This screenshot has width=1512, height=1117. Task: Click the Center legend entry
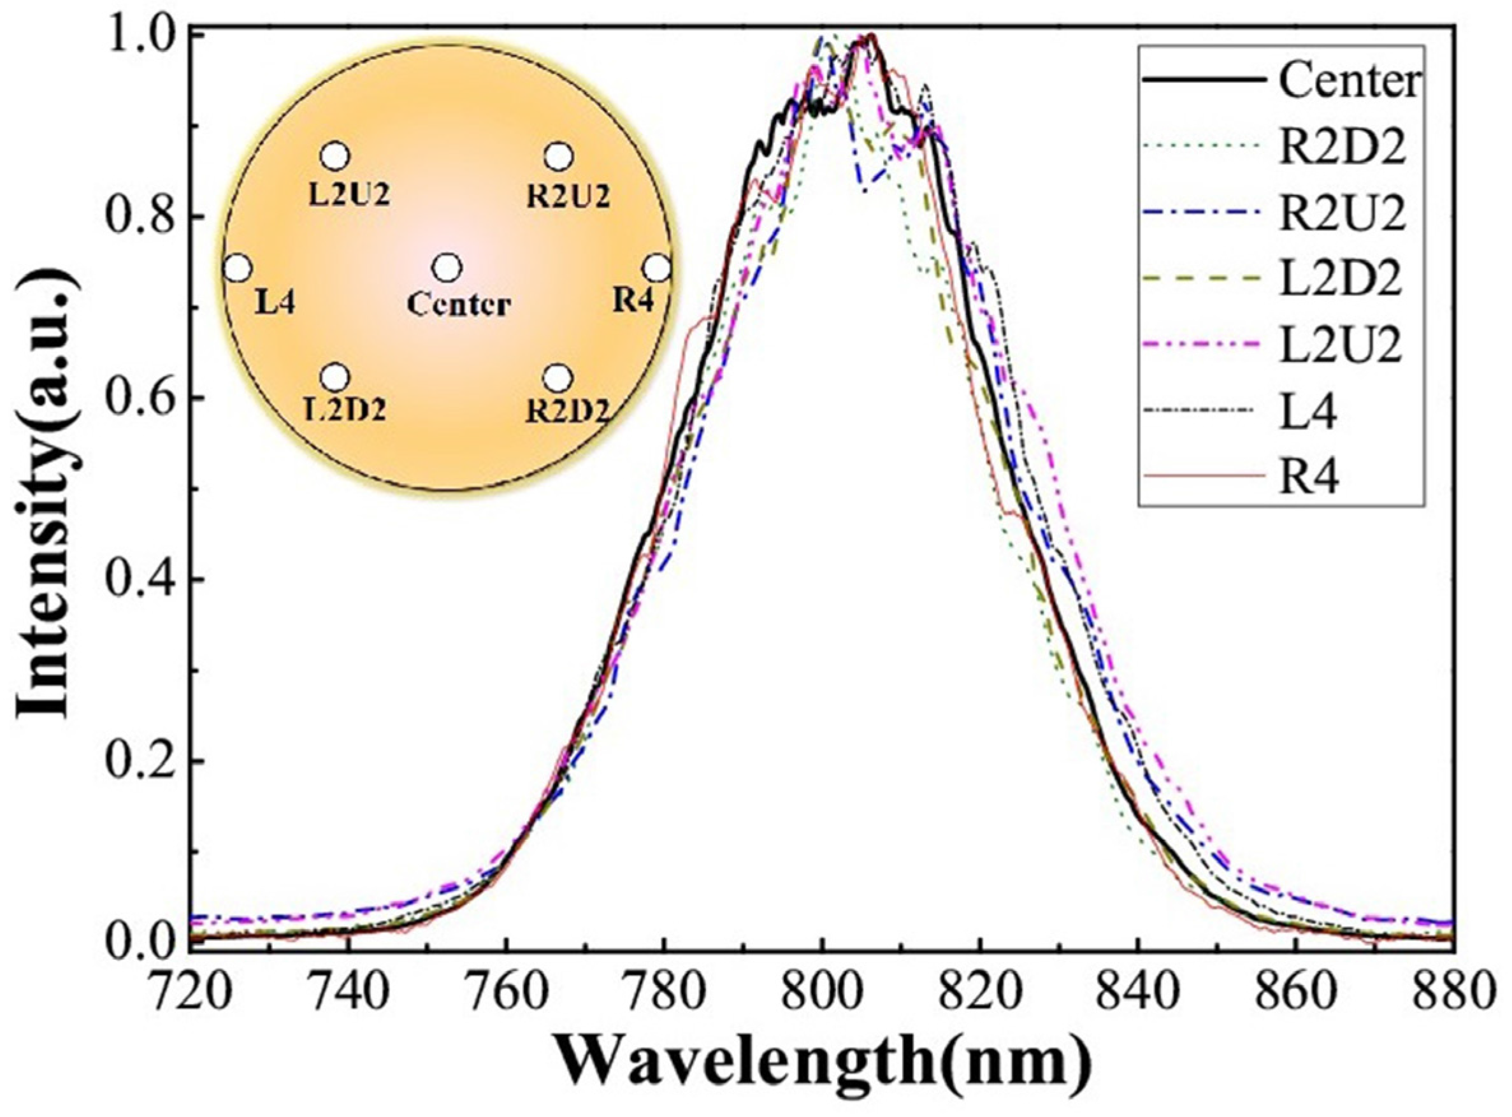[x=1349, y=82]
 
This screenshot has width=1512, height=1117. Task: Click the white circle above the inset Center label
[x=447, y=268]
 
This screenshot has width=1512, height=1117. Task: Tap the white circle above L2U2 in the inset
[x=335, y=156]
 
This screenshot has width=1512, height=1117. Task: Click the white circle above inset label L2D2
[x=335, y=377]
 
